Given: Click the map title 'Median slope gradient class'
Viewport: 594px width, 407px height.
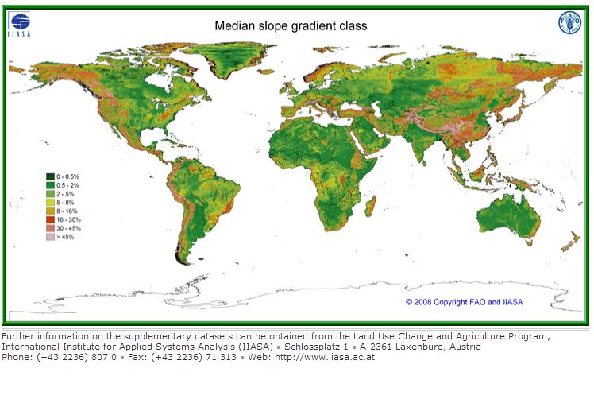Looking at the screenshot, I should [291, 25].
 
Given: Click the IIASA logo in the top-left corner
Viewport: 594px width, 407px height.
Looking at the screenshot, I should [19, 24].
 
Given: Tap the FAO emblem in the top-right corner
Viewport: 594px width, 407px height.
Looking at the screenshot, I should [569, 23].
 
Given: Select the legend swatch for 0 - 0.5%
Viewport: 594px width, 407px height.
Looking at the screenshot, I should [49, 176].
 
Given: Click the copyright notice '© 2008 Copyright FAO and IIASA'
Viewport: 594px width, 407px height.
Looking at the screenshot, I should [464, 302].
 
